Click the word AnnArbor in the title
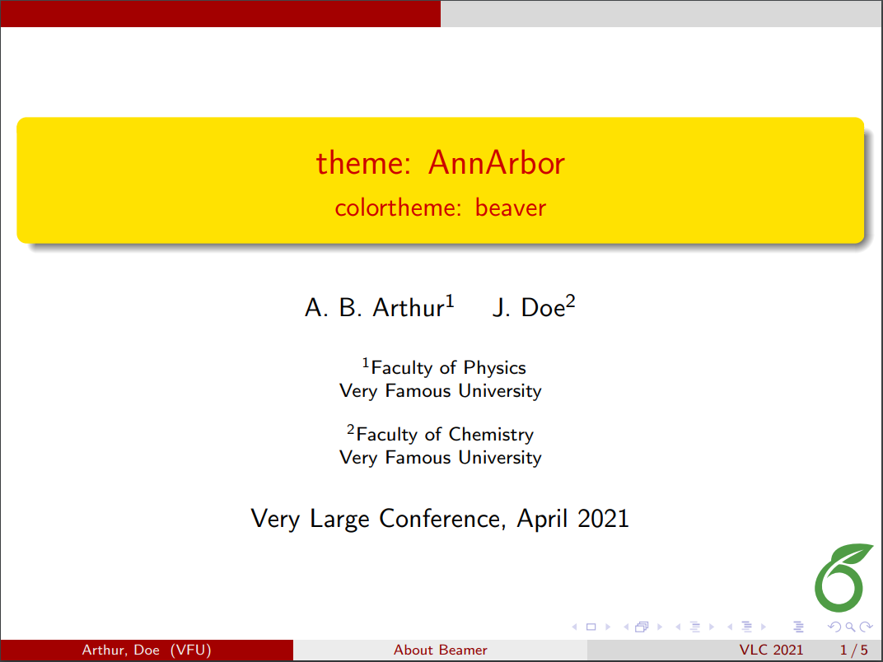(x=496, y=163)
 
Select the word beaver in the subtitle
(x=511, y=207)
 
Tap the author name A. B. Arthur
(x=375, y=308)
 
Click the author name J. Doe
(x=528, y=308)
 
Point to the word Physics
(x=494, y=368)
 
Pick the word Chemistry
(x=491, y=435)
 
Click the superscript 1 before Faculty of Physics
(x=367, y=362)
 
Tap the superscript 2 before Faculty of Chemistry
(x=351, y=429)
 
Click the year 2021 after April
(x=603, y=519)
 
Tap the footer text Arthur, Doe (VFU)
(x=147, y=650)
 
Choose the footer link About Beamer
(x=440, y=650)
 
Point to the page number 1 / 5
(x=853, y=650)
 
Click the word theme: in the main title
(x=364, y=163)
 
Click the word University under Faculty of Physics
(x=500, y=391)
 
